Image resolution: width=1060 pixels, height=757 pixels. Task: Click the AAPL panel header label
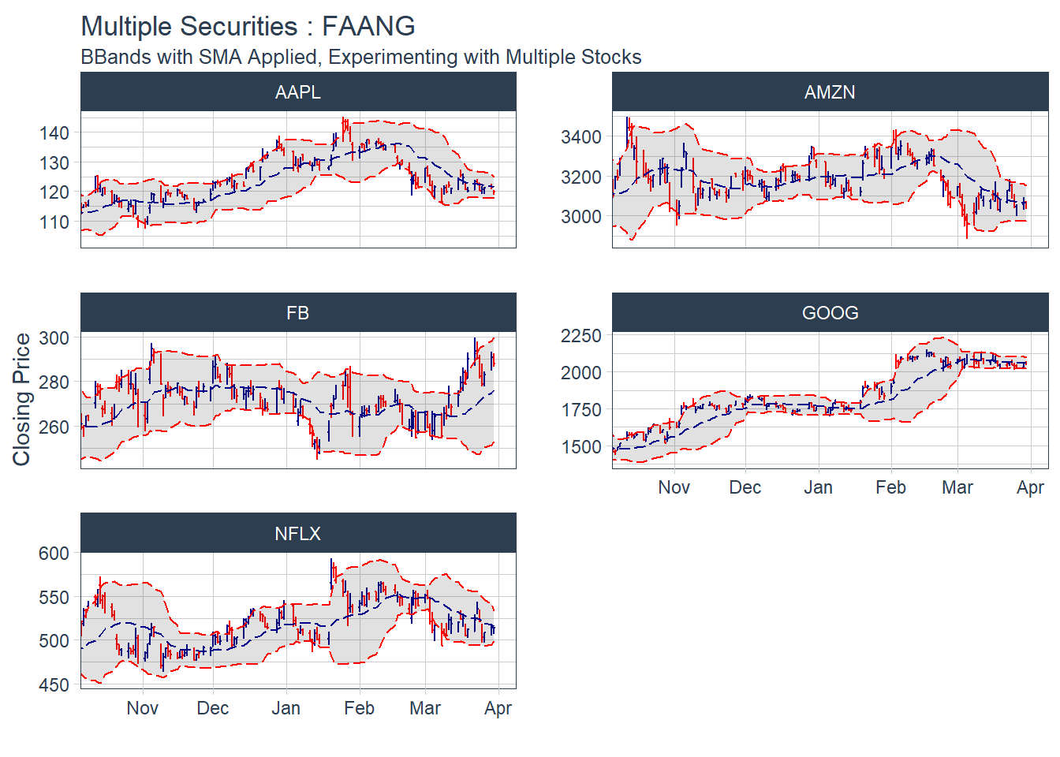[298, 92]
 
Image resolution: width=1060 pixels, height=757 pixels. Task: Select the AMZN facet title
[830, 92]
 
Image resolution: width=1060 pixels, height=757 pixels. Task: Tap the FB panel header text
[298, 313]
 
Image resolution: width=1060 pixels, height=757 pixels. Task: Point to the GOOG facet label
[830, 313]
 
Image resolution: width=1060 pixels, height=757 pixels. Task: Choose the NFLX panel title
[298, 534]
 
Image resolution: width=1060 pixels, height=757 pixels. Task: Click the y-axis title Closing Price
[21, 399]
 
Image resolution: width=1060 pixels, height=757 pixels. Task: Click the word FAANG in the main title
[368, 26]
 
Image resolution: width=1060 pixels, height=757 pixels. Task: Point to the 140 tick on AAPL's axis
[54, 132]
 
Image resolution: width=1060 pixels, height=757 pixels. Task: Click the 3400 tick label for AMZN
[581, 137]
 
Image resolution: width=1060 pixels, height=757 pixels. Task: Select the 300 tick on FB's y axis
[54, 337]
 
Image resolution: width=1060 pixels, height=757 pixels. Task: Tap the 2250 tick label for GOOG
[581, 336]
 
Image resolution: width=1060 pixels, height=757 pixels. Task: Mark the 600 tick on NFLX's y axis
[54, 554]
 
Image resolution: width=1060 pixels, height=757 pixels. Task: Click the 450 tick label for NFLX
[54, 685]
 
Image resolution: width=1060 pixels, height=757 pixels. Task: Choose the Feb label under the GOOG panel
[890, 487]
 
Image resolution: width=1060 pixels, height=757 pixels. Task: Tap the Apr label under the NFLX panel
[498, 708]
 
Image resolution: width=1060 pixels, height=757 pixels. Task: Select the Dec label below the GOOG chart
[745, 487]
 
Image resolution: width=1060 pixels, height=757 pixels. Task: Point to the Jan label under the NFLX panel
[286, 708]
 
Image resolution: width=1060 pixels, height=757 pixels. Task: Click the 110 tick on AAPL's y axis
[54, 222]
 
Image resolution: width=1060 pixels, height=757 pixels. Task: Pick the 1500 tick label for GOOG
[581, 447]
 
